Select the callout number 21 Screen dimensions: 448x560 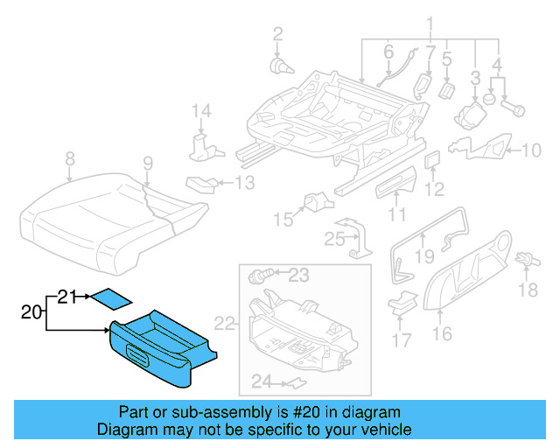[x=68, y=297]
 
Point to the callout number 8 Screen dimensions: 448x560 [x=70, y=159]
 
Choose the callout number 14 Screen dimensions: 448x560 [x=202, y=111]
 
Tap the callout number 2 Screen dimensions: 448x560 [x=277, y=34]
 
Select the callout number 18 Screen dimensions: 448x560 [x=528, y=290]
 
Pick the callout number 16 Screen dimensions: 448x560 [x=442, y=332]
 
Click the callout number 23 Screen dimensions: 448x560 [x=298, y=276]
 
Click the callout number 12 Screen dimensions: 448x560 [x=435, y=188]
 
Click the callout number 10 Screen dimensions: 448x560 [x=531, y=150]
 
